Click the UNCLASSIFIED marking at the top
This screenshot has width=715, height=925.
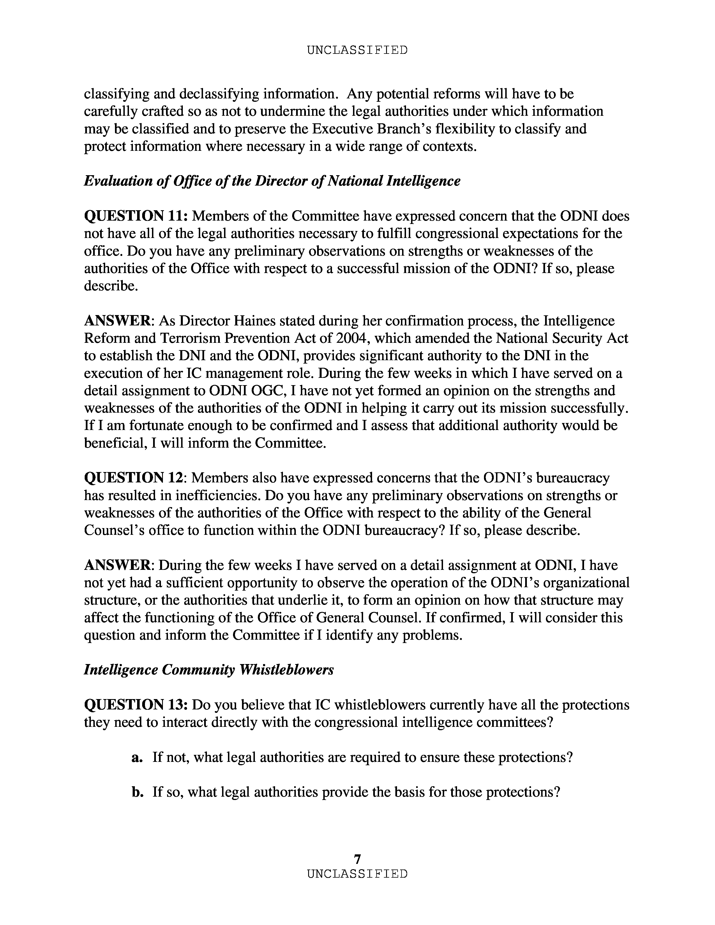pyautogui.click(x=357, y=50)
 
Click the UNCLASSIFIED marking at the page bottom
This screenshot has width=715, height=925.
pyautogui.click(x=357, y=874)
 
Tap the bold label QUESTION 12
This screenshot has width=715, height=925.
pyautogui.click(x=134, y=478)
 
